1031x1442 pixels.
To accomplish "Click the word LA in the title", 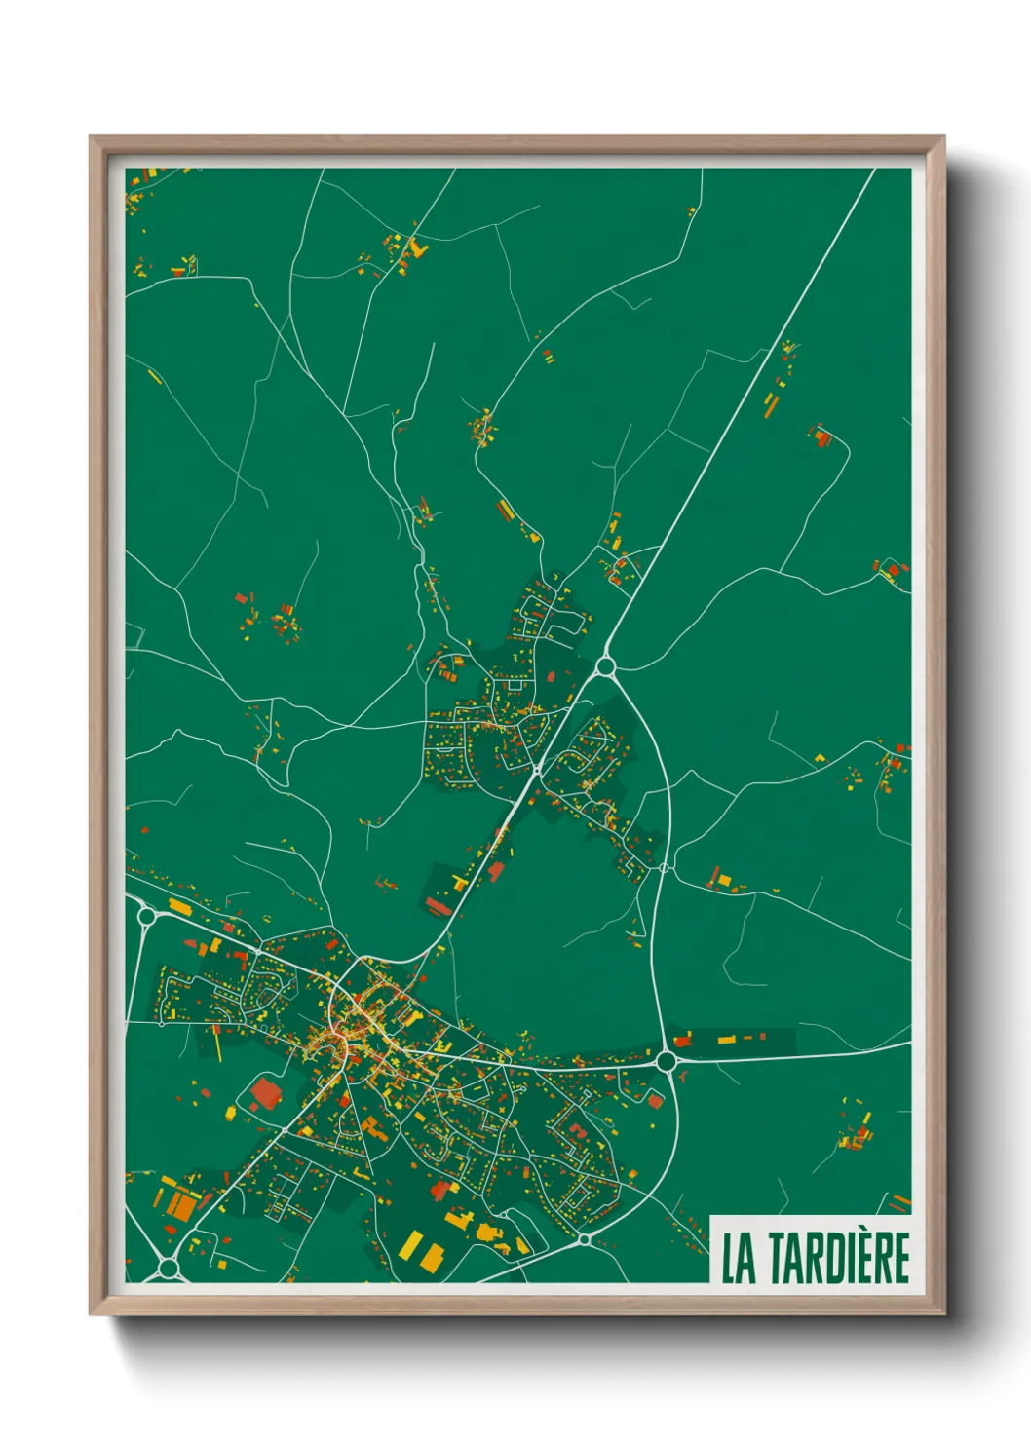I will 739,1258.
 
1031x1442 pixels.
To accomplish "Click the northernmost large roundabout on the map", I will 605,666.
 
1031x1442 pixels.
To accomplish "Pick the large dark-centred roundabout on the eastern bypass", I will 667,1059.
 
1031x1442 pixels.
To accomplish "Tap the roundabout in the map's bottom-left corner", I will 169,1268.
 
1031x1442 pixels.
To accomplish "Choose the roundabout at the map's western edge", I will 146,916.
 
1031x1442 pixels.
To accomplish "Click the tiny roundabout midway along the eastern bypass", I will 664,867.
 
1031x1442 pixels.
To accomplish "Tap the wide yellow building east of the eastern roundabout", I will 725,1041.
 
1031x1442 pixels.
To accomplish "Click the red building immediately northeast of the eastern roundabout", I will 683,1040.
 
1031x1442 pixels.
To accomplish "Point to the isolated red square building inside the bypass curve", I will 656,1101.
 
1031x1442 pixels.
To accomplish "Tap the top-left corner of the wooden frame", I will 92,138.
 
